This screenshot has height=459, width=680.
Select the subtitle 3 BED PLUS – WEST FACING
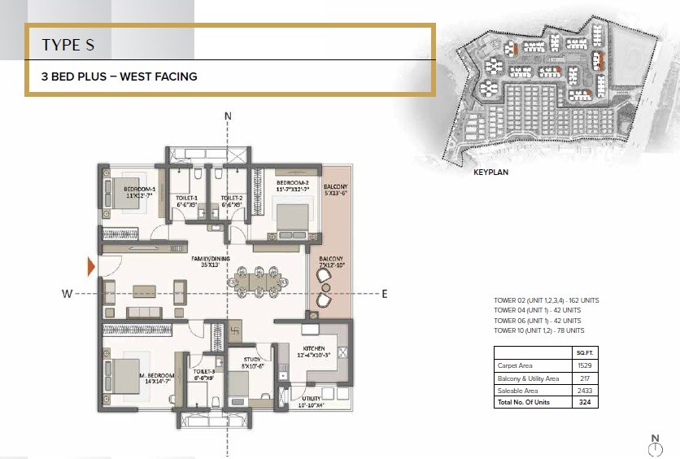click(x=120, y=77)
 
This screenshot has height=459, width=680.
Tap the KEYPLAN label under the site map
click(x=491, y=173)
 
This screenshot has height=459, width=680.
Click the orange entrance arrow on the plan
click(x=91, y=265)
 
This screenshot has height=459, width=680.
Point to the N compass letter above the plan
click(x=228, y=116)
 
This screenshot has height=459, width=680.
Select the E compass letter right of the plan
click(x=385, y=293)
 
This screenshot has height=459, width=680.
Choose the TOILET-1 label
click(x=188, y=200)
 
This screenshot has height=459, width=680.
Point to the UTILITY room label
click(x=311, y=400)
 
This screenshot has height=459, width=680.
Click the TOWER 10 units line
click(x=538, y=331)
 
